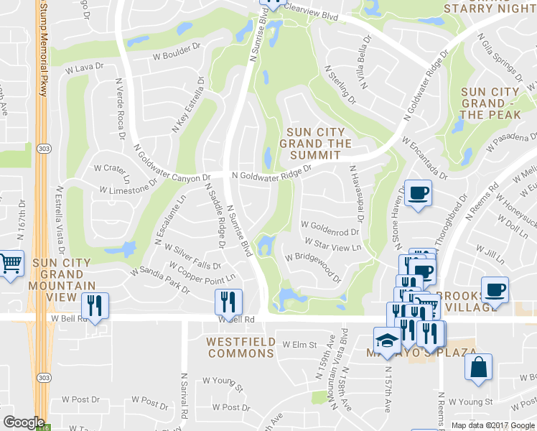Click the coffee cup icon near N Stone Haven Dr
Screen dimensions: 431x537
(x=418, y=193)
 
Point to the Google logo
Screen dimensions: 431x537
(x=24, y=422)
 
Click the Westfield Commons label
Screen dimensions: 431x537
(x=241, y=347)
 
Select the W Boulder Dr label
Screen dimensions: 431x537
(x=177, y=52)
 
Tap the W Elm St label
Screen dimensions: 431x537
(x=299, y=345)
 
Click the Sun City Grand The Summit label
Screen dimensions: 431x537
(x=319, y=143)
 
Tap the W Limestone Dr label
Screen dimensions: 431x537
(x=129, y=186)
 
